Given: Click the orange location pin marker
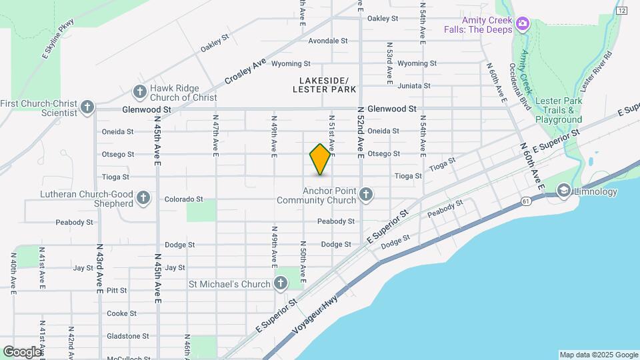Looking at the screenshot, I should click(x=321, y=159).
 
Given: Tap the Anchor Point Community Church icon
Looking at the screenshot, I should click(x=365, y=195).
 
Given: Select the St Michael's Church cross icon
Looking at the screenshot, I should click(x=281, y=284).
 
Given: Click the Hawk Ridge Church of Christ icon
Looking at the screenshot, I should click(x=140, y=91).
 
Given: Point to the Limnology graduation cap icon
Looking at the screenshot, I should click(x=564, y=192).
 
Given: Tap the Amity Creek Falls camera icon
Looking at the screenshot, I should click(x=523, y=24).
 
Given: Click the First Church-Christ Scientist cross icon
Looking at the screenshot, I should click(x=87, y=107).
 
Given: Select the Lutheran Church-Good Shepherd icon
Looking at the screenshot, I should click(x=143, y=198).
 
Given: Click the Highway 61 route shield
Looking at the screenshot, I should click(x=527, y=201).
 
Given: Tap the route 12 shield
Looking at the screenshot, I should click(x=622, y=11).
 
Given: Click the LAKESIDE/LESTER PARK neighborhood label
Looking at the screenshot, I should click(x=324, y=85).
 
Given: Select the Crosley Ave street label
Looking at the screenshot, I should click(x=245, y=72).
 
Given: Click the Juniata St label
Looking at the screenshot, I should click(x=414, y=86).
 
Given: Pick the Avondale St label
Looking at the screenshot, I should click(x=328, y=41).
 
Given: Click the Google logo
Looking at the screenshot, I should click(x=22, y=352).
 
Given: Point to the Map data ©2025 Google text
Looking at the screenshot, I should click(x=598, y=355).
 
